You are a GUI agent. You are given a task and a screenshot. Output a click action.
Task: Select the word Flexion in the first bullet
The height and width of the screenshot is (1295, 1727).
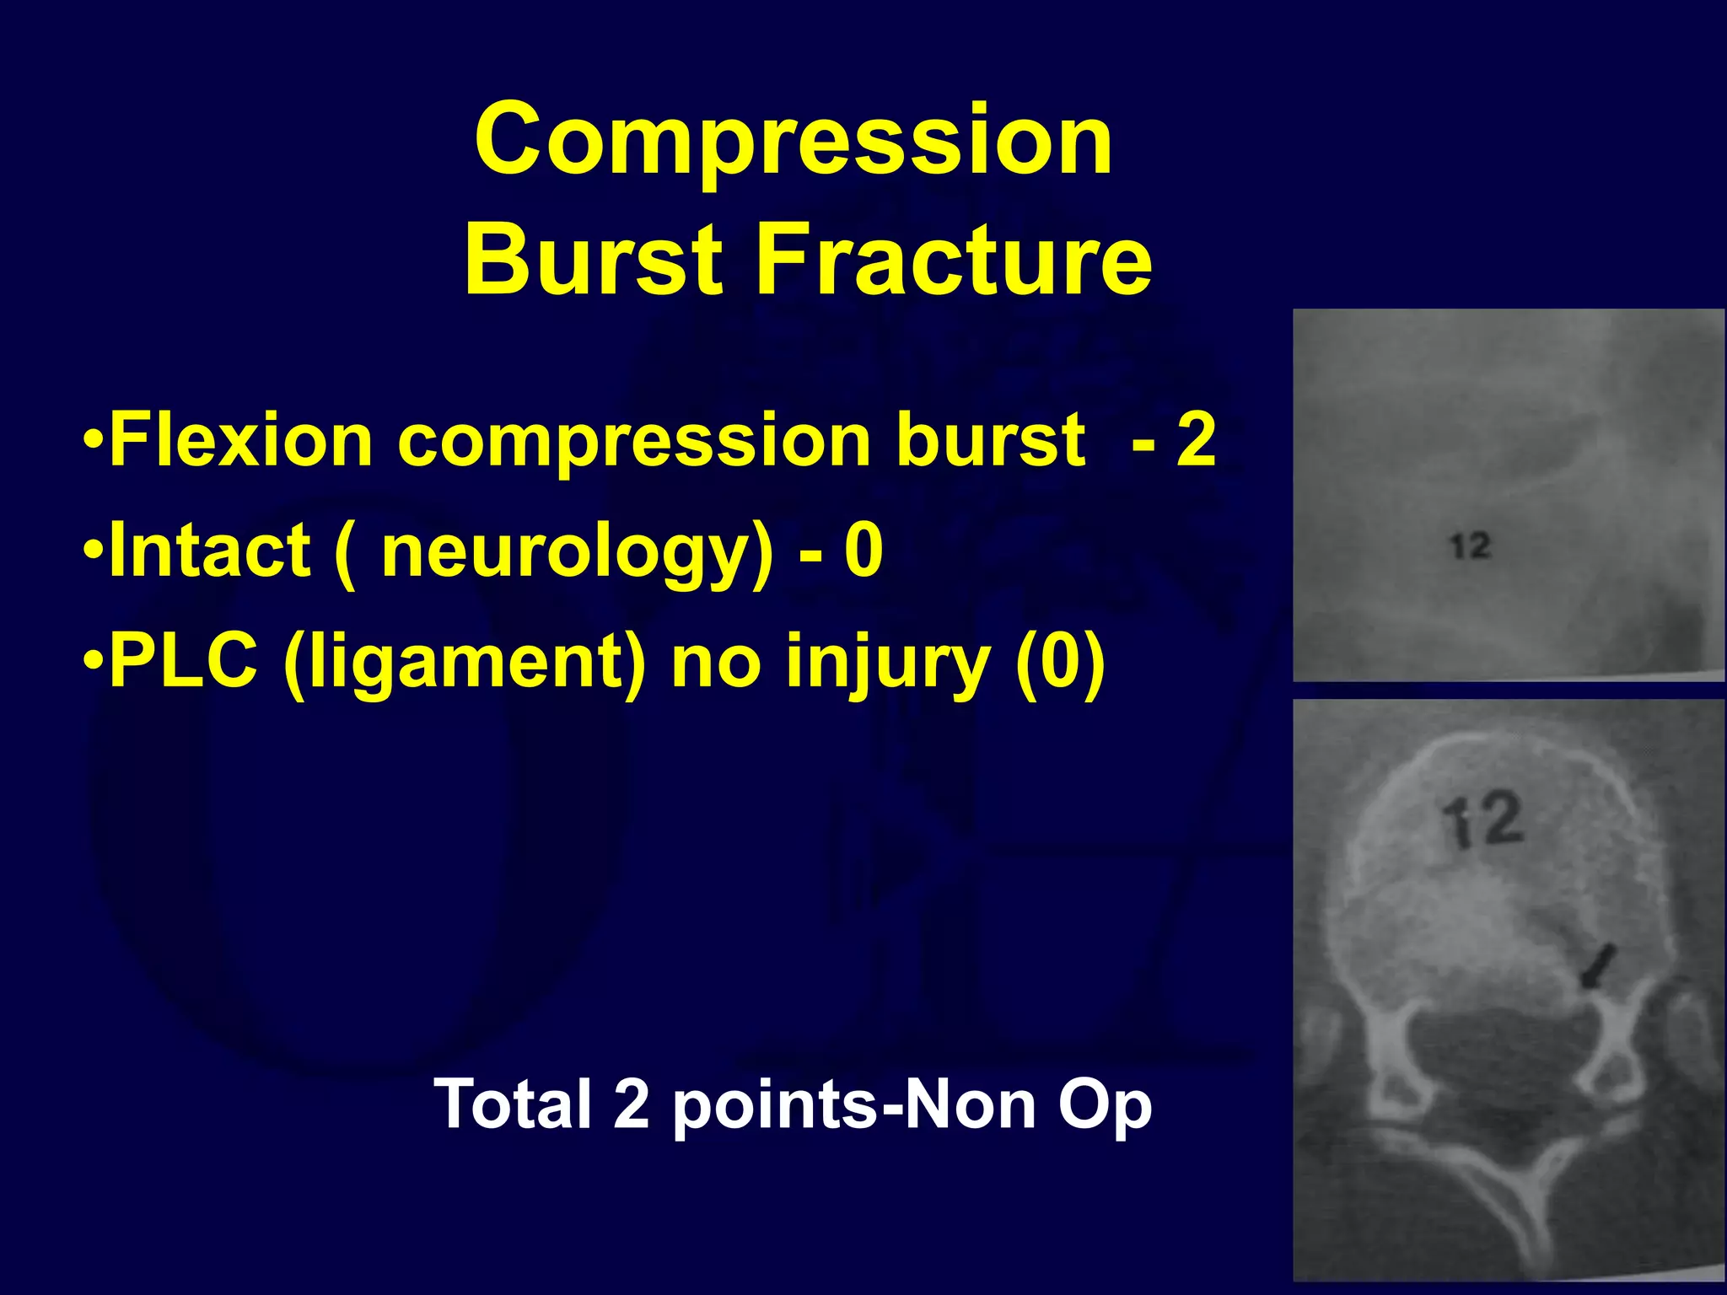(241, 440)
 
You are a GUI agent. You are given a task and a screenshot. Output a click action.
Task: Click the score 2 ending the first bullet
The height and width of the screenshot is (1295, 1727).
(1196, 440)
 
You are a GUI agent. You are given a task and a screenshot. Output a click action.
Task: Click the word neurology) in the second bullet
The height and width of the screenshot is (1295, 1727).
(577, 552)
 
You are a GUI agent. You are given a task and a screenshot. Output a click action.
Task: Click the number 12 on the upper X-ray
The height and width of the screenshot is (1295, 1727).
(1471, 546)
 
